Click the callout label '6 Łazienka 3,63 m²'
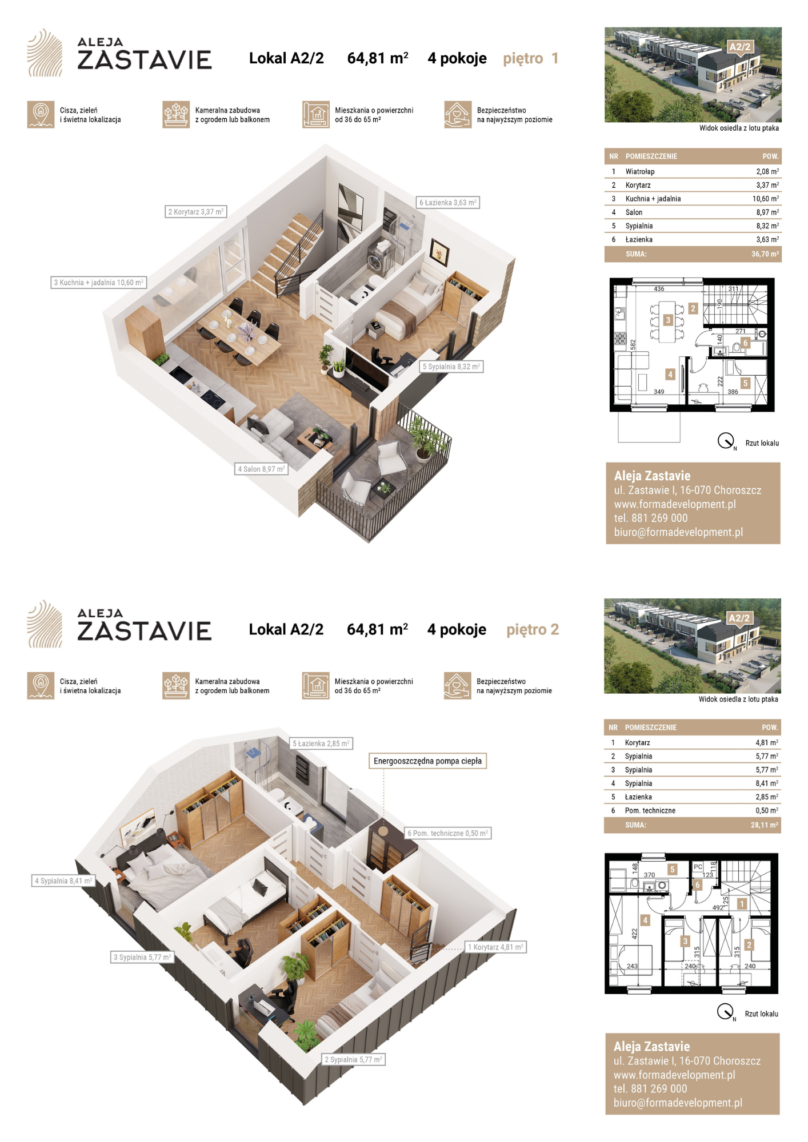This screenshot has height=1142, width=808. click(x=448, y=203)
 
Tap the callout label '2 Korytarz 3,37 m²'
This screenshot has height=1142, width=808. click(x=196, y=212)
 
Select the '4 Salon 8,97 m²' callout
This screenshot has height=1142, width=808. click(x=261, y=469)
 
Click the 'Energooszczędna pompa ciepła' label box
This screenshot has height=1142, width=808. click(x=427, y=761)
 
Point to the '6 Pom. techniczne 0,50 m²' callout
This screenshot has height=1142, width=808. click(x=447, y=834)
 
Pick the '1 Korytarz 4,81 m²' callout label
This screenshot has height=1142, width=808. click(x=495, y=947)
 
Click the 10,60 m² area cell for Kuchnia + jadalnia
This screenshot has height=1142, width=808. click(x=765, y=199)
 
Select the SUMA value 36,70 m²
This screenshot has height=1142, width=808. click(x=765, y=254)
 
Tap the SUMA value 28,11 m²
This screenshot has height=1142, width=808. click(x=765, y=825)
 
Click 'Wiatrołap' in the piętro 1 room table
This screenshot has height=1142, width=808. click(x=640, y=171)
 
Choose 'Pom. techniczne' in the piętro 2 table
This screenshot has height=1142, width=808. click(x=650, y=811)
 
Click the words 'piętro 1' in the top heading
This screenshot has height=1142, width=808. click(x=531, y=58)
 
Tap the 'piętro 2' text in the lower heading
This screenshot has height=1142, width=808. click(x=533, y=630)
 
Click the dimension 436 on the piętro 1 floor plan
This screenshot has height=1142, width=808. click(x=659, y=289)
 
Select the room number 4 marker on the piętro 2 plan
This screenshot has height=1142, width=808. click(x=646, y=920)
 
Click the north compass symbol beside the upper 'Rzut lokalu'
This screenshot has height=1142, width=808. click(x=726, y=441)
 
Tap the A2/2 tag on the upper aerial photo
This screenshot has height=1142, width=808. click(x=739, y=47)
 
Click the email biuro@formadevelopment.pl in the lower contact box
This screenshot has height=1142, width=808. click(x=678, y=1103)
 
